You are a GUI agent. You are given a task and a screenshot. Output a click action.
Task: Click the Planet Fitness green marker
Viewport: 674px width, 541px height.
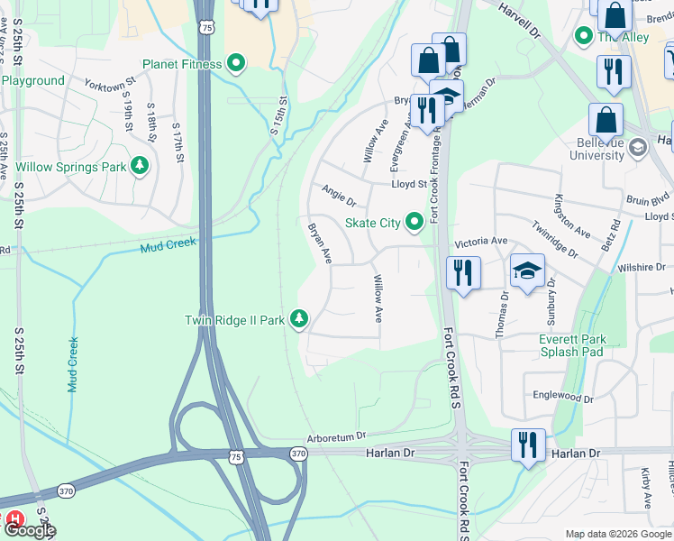[x=236, y=64]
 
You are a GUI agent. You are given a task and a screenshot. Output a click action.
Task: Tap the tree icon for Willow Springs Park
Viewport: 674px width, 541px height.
[x=140, y=167]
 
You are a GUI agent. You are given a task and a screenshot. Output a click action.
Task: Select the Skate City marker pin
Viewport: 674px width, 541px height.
[x=414, y=221]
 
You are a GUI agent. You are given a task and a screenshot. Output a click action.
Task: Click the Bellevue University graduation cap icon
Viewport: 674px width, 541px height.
[x=638, y=146]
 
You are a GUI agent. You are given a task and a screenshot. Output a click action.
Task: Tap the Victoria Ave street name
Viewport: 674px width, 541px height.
[x=481, y=242]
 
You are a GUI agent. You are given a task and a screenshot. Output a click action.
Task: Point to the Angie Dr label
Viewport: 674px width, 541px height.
[x=339, y=194]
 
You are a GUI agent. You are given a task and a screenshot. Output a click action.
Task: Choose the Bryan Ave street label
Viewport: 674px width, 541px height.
[x=320, y=243]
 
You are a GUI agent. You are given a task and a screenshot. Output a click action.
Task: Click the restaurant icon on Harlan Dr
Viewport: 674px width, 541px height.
[x=527, y=444]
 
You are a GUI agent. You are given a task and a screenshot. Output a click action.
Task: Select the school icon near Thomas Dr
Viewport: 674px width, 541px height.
[x=527, y=270]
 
